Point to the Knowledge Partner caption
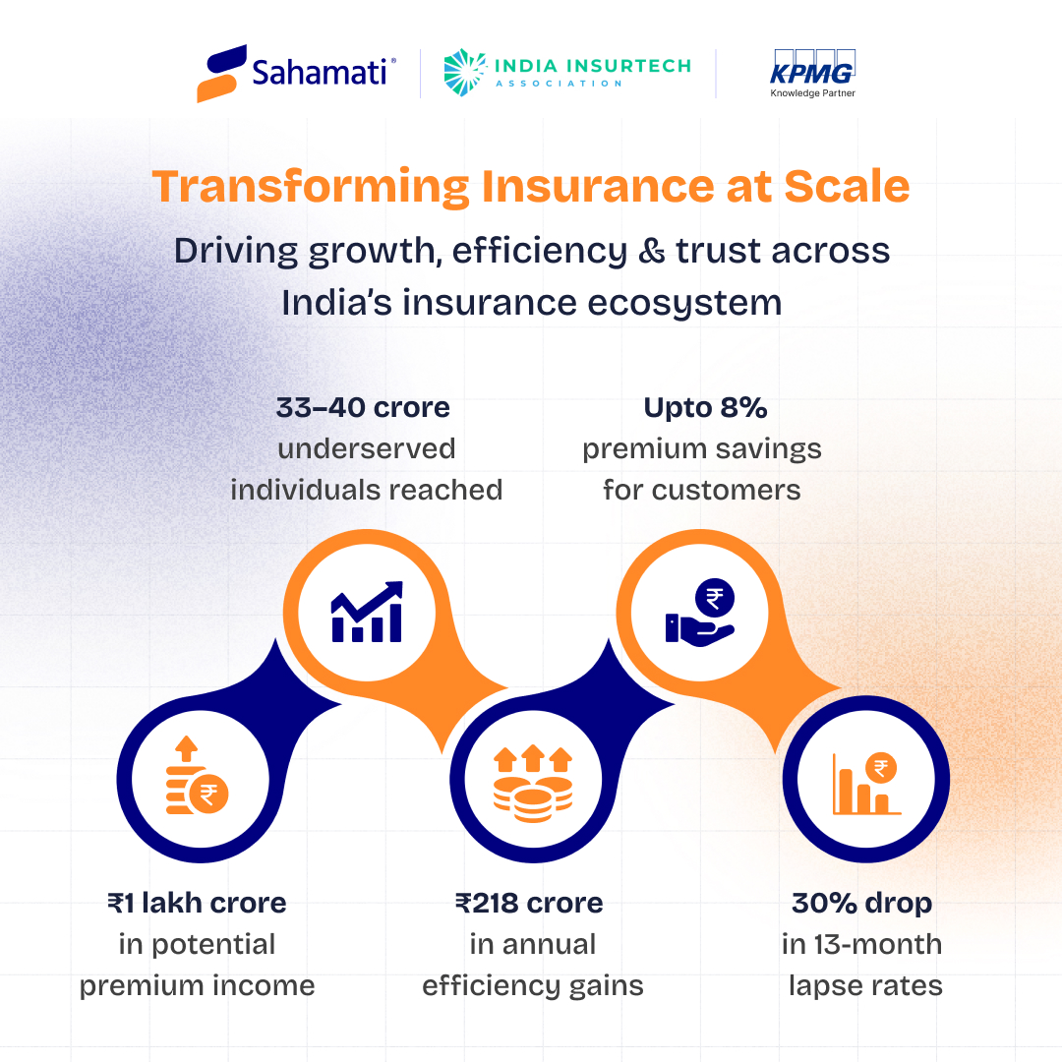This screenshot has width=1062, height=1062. pos(812,94)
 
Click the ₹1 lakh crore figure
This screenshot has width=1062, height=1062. pos(197,903)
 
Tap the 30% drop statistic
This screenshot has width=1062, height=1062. pos(861,903)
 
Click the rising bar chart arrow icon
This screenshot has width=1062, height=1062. pos(367,613)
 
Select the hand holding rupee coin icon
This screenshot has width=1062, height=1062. pos(700,613)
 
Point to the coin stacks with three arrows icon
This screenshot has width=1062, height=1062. pos(532,783)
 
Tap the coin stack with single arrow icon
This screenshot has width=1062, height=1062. pos(194,783)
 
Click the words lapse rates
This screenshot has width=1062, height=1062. pos(865,985)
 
